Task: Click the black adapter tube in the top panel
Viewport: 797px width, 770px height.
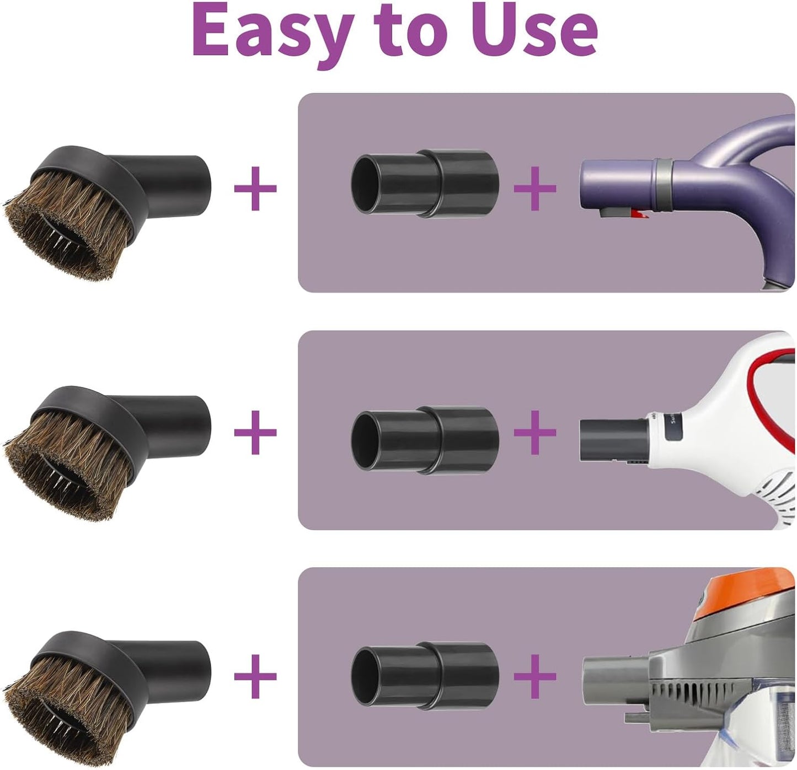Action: click(425, 182)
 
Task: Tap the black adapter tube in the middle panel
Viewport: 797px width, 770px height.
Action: click(425, 439)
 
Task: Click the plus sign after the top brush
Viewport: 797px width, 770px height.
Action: click(255, 189)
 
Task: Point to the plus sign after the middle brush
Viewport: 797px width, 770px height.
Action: click(255, 432)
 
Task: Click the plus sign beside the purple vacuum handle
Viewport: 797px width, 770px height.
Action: click(534, 189)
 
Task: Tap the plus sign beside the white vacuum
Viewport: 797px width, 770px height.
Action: click(534, 432)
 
